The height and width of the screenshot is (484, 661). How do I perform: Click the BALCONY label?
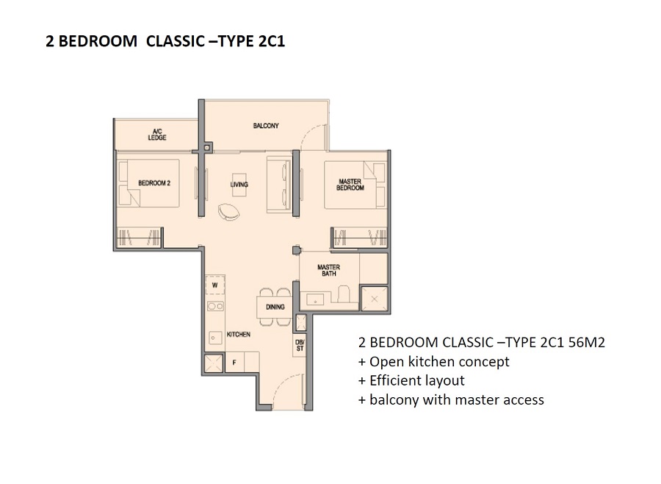[266, 126]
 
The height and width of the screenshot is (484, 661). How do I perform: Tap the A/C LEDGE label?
[157, 135]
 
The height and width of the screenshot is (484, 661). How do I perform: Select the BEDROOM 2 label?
[154, 183]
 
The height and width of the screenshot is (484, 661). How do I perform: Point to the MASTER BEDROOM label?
[350, 185]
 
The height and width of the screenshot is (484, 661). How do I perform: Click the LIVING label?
[239, 185]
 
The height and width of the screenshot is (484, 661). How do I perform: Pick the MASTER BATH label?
[329, 270]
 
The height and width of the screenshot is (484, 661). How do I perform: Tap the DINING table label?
[275, 307]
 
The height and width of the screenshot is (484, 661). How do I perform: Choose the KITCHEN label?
[239, 334]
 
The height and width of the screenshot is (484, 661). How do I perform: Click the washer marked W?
[215, 285]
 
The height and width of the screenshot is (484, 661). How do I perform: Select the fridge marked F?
[234, 363]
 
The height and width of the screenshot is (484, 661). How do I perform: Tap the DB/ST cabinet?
[300, 345]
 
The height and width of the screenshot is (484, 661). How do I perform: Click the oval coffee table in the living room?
[228, 211]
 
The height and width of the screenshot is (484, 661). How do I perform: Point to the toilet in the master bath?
[344, 293]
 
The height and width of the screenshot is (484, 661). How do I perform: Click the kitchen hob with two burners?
[215, 306]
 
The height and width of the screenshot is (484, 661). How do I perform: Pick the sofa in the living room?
[278, 184]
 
